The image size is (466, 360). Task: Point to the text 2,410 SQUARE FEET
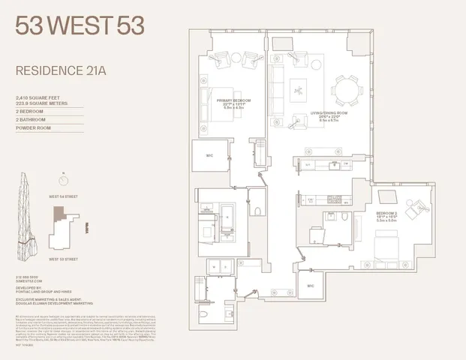(38, 98)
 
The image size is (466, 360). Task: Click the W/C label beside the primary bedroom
(210, 157)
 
